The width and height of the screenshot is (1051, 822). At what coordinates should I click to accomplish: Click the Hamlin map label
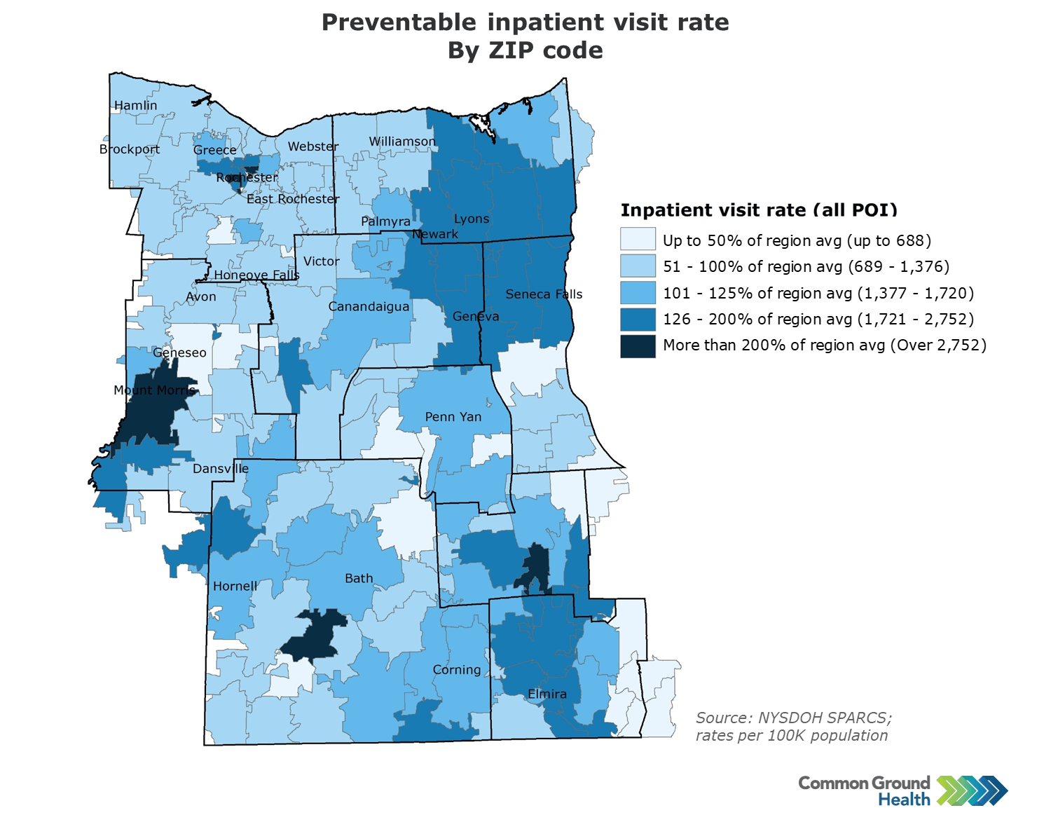136,106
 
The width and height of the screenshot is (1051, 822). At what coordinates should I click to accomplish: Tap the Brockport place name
130,149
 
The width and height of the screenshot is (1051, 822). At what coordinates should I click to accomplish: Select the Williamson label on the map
402,142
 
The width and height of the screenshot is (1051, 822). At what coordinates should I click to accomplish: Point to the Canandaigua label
369,307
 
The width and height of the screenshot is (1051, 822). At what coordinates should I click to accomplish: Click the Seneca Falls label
544,294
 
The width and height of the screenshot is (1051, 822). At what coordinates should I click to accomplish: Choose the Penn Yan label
453,417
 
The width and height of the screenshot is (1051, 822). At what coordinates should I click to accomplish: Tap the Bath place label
359,579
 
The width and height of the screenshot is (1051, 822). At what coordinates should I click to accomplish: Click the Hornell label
235,587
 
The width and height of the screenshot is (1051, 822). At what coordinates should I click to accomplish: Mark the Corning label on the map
457,670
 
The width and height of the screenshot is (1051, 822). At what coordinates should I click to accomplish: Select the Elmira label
547,694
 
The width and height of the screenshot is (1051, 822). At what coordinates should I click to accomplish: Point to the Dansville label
221,469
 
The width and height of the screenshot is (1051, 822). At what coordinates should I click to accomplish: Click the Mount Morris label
154,390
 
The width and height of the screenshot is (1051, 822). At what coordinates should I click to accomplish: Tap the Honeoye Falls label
256,275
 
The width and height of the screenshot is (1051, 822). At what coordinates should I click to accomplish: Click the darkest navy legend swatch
638,346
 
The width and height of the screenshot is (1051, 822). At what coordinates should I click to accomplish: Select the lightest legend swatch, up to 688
638,240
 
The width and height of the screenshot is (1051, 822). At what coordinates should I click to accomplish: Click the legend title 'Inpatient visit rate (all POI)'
759,210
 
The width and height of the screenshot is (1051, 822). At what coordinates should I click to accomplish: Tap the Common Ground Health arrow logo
973,790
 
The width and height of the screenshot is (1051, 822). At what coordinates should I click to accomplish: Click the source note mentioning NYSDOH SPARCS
794,727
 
